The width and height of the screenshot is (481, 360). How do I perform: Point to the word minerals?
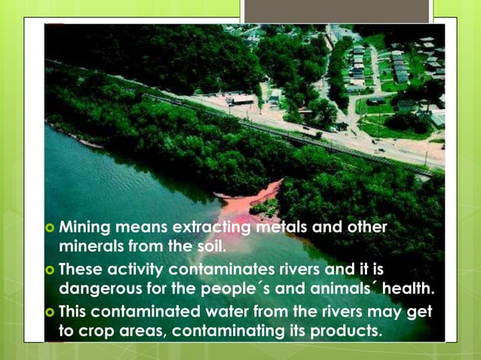pos(90,245)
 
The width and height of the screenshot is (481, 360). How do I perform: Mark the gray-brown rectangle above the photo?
pos(336,10)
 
